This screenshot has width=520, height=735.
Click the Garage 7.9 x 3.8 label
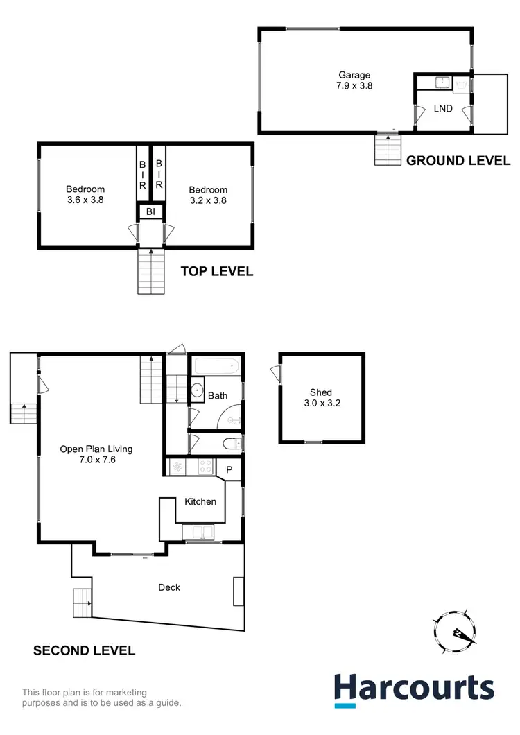[354, 80]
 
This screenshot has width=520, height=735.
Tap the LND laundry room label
[443, 109]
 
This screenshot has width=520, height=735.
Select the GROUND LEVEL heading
[458, 161]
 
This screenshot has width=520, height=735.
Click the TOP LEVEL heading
[217, 271]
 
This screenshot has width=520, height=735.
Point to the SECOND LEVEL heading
[85, 650]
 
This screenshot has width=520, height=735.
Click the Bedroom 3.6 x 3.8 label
[85, 195]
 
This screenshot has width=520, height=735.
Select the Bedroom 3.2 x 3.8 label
[208, 195]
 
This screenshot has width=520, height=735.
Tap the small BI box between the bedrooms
[150, 211]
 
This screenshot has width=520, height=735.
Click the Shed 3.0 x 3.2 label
[321, 398]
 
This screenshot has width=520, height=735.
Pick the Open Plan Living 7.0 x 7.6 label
[96, 453]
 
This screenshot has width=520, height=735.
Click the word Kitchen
[200, 501]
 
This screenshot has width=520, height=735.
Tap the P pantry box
[229, 469]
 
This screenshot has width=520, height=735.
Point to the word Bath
[218, 396]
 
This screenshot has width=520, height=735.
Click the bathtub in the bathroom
[215, 366]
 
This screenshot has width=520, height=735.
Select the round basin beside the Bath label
[196, 389]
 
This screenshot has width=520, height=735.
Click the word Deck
[169, 587]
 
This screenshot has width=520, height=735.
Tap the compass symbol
[454, 631]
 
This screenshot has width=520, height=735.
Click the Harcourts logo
[415, 690]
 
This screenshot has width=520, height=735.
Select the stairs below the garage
[389, 149]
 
